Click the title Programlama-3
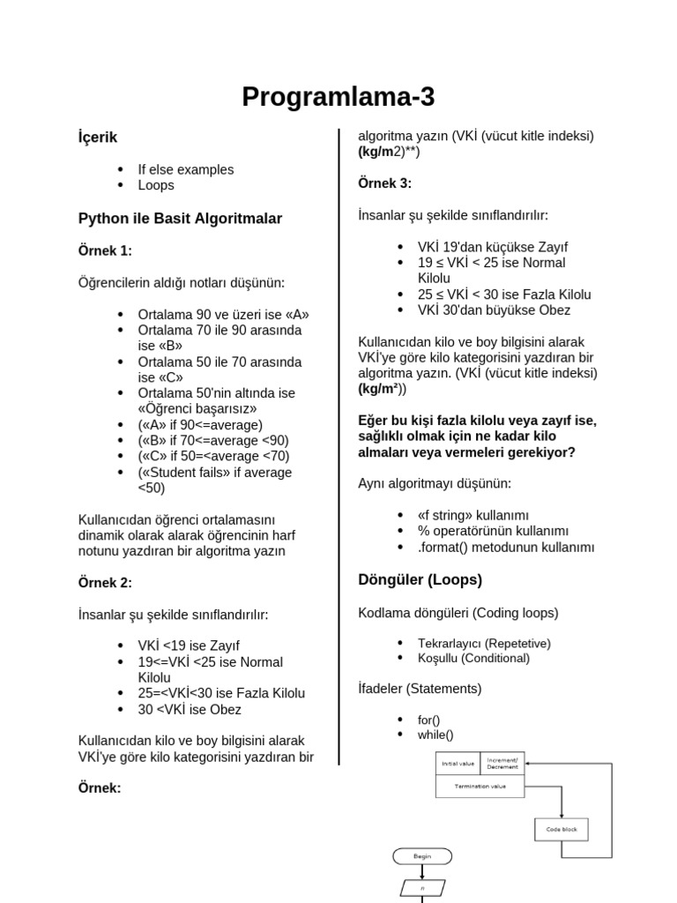[x=338, y=97]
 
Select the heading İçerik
[x=98, y=138]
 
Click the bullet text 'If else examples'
[x=185, y=169]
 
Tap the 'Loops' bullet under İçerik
[x=156, y=185]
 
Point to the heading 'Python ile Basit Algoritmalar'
[x=180, y=218]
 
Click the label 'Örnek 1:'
[x=105, y=250]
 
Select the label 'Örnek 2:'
[x=105, y=582]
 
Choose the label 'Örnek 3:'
[x=384, y=183]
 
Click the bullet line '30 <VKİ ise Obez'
[x=190, y=709]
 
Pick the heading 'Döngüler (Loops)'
[x=420, y=579]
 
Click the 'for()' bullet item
[x=429, y=720]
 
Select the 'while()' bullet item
[x=435, y=735]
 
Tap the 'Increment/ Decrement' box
[x=503, y=763]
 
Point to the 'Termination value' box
[x=480, y=786]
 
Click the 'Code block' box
[x=561, y=829]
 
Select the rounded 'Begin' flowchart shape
[x=421, y=855]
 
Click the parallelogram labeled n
[x=421, y=887]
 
